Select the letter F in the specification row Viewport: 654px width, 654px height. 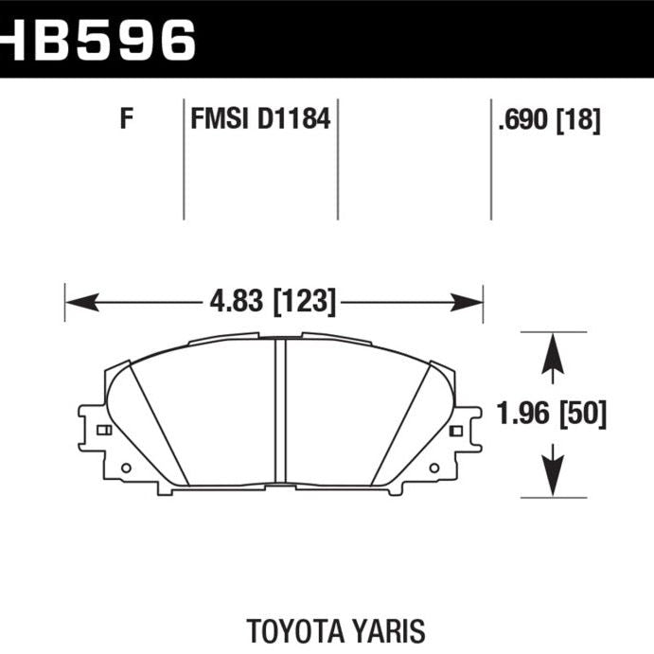coord(126,120)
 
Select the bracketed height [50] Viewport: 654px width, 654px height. coord(583,414)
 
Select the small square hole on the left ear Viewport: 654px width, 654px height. coord(103,431)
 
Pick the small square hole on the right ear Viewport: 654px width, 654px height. coord(456,431)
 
